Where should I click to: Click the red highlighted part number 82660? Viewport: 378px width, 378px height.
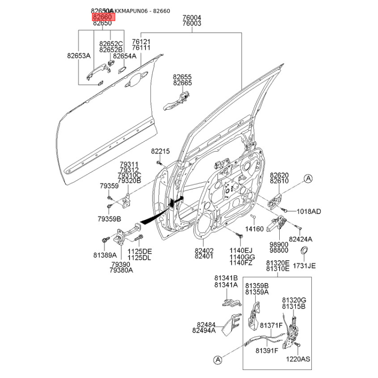[x=102, y=17]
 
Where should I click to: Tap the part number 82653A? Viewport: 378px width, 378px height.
[x=78, y=55]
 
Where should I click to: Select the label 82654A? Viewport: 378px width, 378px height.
[x=124, y=55]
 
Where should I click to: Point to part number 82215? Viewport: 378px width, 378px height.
[x=160, y=151]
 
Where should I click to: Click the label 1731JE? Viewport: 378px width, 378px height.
[x=304, y=266]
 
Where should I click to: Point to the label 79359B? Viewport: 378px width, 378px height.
[x=110, y=219]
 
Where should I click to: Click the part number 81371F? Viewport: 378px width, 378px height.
[x=271, y=326]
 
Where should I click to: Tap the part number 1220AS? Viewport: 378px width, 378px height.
[x=299, y=359]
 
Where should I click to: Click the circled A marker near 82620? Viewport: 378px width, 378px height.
[x=308, y=178]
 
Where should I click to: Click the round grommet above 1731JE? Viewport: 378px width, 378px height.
[x=305, y=250]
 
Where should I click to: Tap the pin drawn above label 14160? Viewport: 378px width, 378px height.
[x=253, y=218]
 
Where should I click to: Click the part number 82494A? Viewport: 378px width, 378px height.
[x=204, y=331]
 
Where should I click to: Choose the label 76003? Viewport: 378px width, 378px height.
[x=192, y=23]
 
